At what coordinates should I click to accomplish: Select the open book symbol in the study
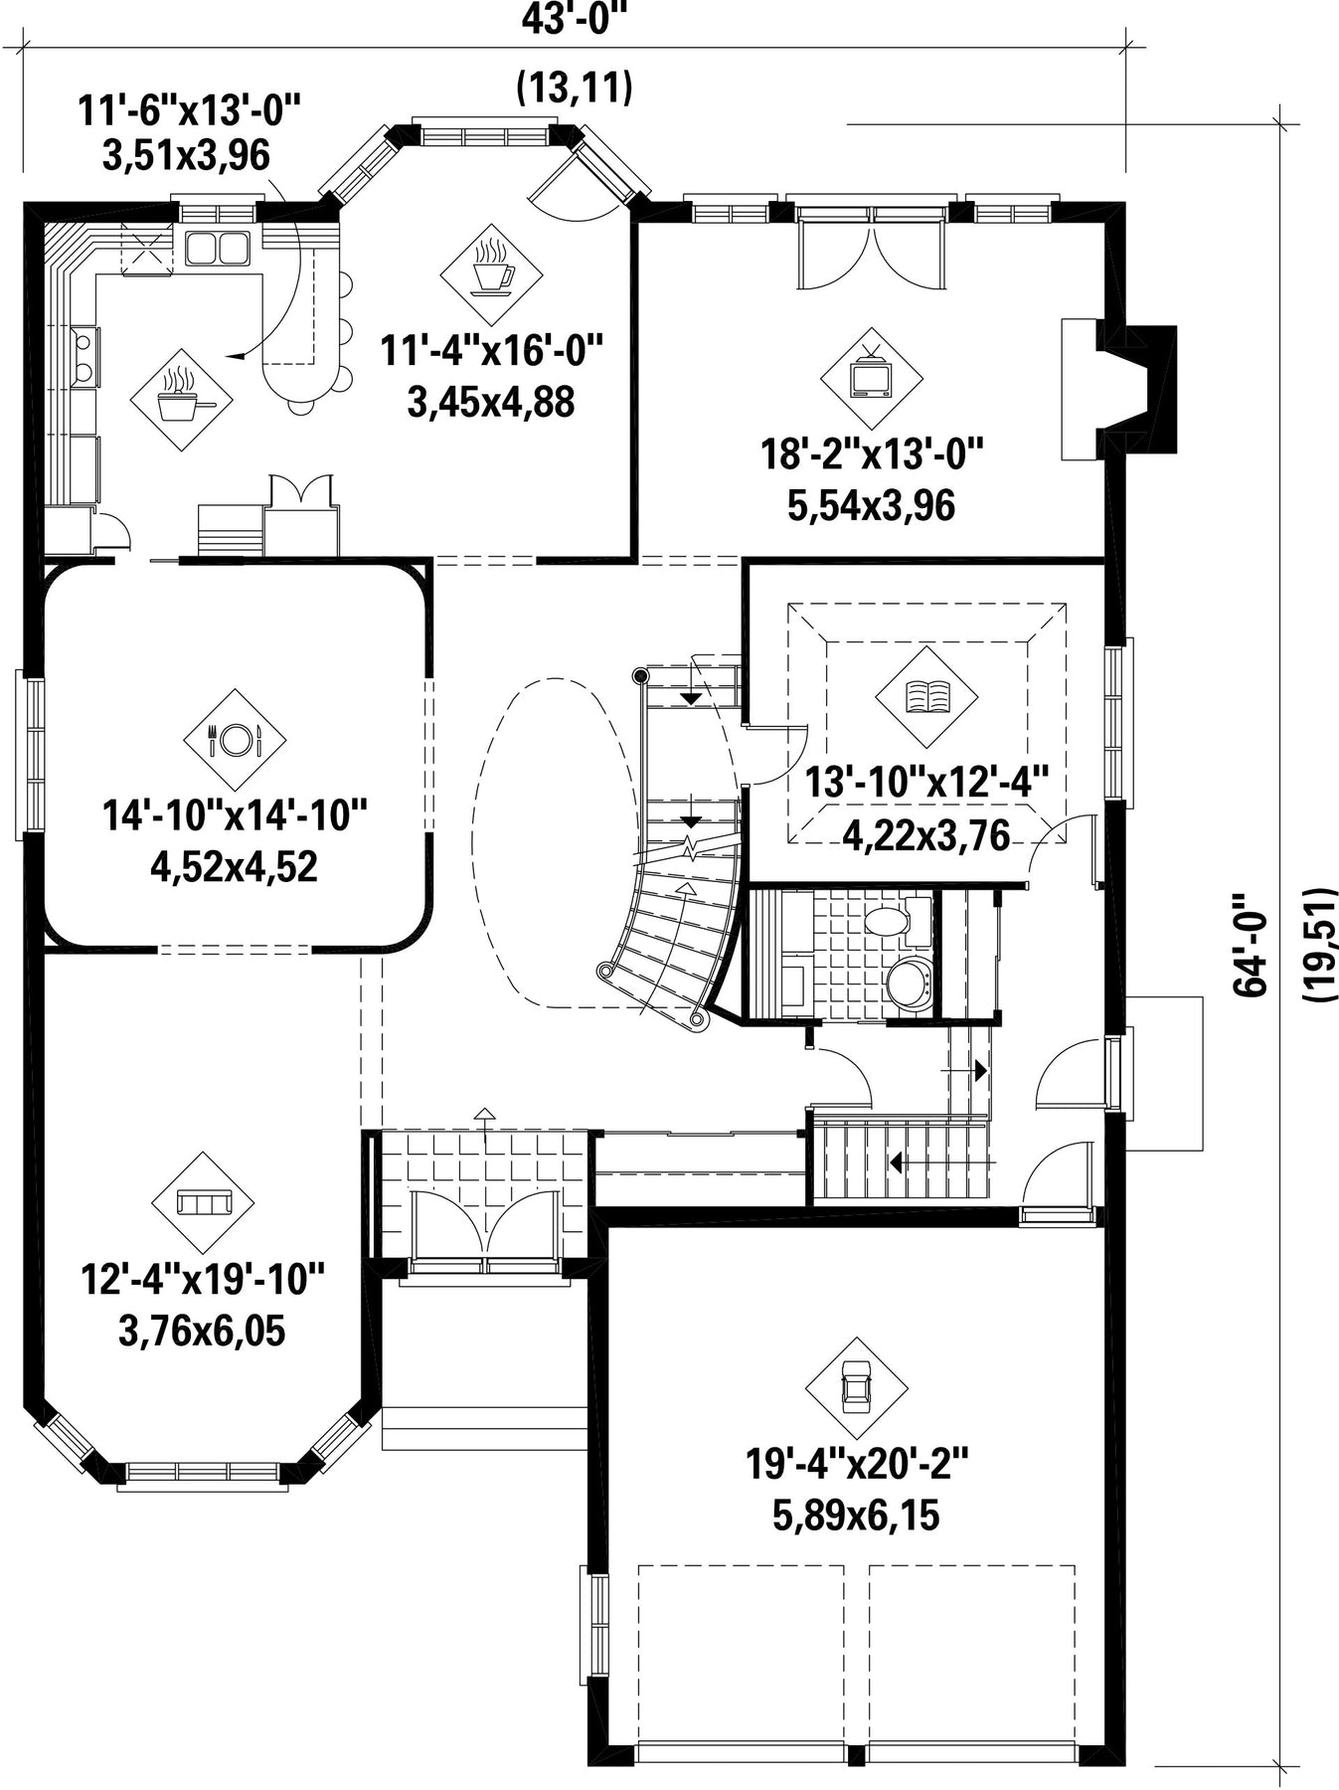coord(926,696)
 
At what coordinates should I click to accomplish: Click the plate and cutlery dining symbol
coord(235,739)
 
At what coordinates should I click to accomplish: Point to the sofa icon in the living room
coord(203,1202)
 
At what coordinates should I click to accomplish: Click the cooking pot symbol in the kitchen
coord(182,399)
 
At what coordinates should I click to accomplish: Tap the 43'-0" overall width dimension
coord(576,19)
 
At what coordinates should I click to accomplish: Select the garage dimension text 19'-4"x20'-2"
coord(857,1464)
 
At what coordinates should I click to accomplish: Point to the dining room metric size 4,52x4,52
coord(235,866)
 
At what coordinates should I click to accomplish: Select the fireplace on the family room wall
coord(1118,390)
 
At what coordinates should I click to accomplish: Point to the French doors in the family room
coord(870,250)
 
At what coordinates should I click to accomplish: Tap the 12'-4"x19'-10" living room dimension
coord(203,1280)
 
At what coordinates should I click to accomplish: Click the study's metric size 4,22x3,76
coord(926,835)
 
